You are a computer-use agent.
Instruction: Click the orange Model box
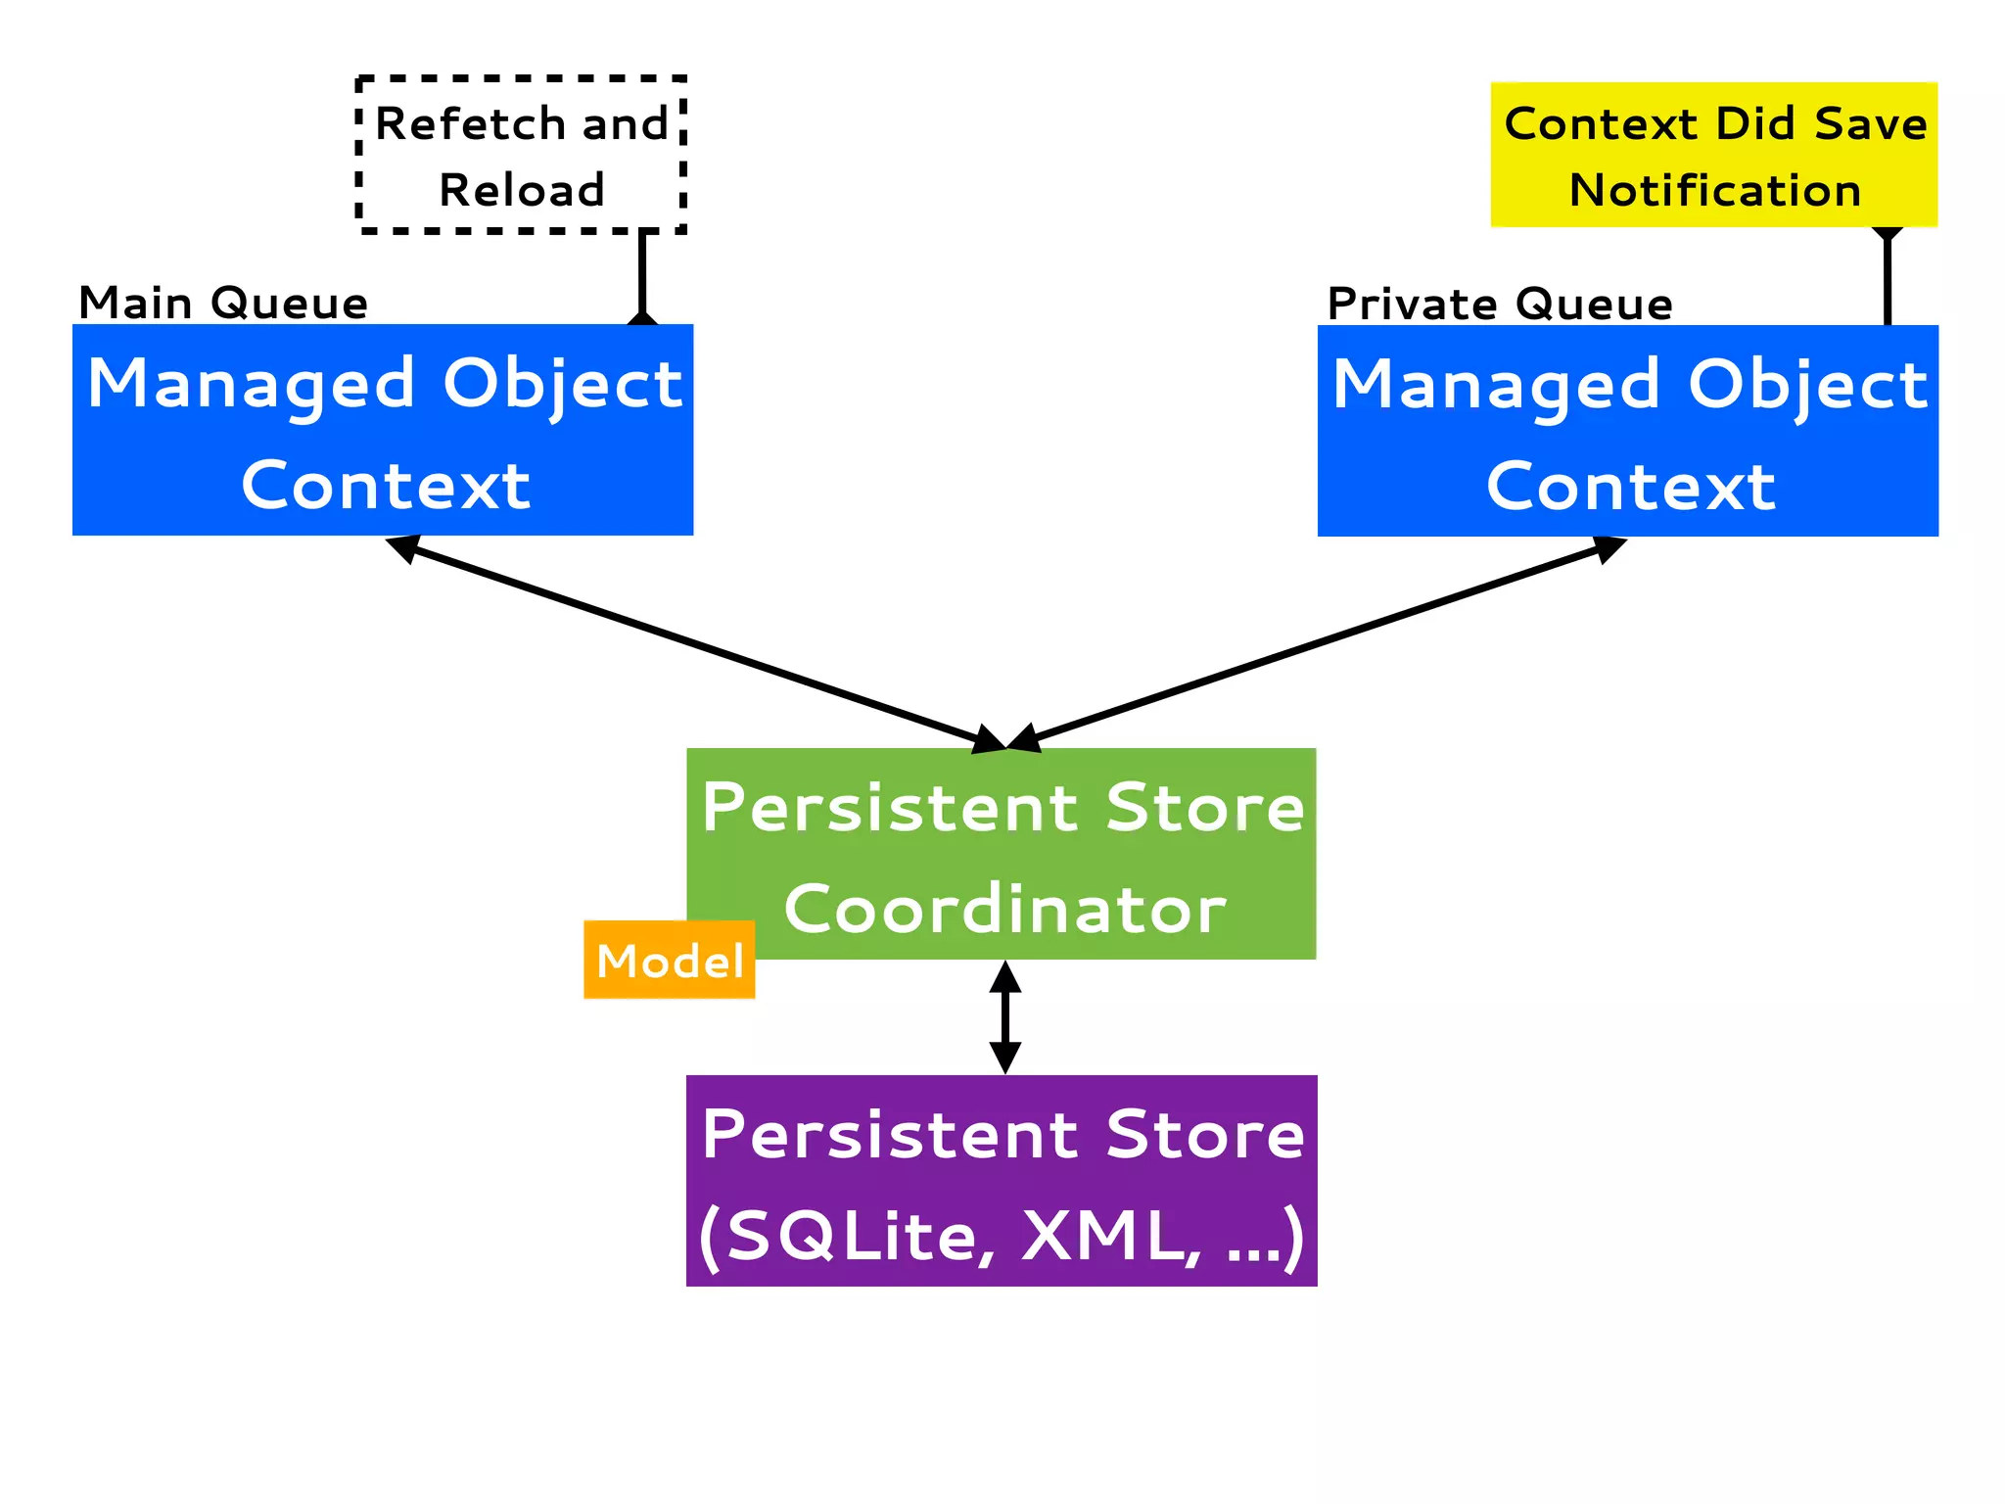670,961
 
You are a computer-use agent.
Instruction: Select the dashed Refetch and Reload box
521,155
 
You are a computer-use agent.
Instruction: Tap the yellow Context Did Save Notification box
1713,155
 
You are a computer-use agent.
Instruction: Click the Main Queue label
223,303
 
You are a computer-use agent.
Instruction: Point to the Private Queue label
1499,304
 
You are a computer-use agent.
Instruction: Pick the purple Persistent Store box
1002,1181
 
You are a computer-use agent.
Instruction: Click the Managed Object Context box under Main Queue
383,430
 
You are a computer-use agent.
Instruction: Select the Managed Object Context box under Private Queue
1627,431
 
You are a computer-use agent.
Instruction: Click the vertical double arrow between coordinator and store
1005,1017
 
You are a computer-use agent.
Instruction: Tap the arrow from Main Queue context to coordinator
695,643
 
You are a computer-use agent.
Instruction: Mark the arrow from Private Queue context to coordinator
1317,643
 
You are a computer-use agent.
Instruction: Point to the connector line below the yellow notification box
1888,279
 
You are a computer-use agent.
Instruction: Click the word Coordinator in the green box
1004,910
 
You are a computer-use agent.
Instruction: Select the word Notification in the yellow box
1714,190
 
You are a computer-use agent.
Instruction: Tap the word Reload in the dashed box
521,190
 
